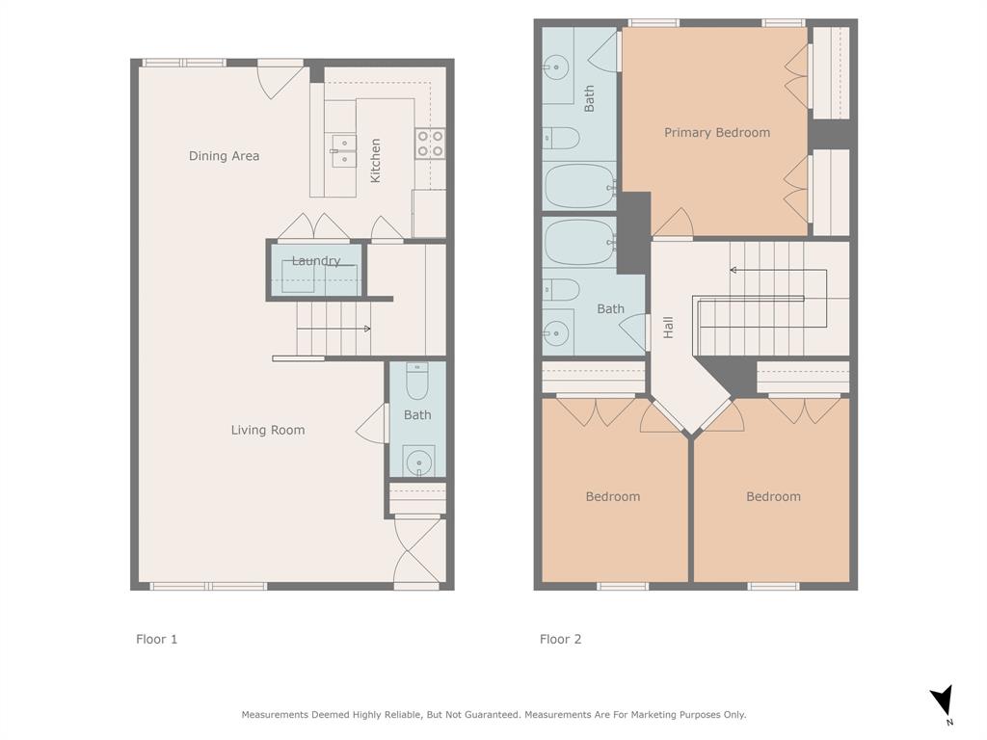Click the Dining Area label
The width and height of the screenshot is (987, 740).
(x=224, y=156)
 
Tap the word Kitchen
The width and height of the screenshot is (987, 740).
(x=376, y=161)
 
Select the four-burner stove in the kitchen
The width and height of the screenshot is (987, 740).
(x=430, y=144)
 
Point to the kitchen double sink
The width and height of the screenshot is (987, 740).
(x=344, y=146)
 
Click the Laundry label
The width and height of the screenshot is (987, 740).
(x=316, y=261)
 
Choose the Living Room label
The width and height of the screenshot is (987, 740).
(x=267, y=430)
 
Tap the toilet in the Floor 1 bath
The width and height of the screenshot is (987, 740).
(x=417, y=383)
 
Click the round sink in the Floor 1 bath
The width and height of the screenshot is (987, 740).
(x=417, y=463)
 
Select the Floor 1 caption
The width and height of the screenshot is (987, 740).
(x=156, y=639)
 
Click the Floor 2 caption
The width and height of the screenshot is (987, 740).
(x=560, y=639)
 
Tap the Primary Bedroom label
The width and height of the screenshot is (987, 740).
(x=717, y=133)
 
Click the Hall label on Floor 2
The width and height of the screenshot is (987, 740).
(x=668, y=327)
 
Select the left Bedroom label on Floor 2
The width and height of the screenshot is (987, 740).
(x=613, y=496)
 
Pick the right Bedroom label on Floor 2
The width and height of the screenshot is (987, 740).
(x=773, y=496)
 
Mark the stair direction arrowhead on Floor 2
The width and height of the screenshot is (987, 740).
(x=734, y=270)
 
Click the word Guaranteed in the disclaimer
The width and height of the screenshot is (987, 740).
(x=490, y=715)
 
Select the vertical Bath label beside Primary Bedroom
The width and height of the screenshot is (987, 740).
(x=589, y=98)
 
